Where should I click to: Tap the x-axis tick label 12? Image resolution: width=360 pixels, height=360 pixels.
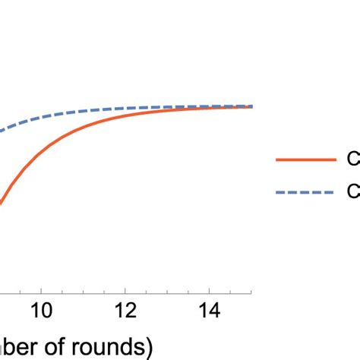tap(125, 311)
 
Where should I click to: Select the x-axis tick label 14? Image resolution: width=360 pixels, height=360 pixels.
tap(210, 311)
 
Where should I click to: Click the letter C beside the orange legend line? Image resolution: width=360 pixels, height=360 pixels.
tap(353, 160)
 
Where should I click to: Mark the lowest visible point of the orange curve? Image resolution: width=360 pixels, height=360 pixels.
tap(2, 203)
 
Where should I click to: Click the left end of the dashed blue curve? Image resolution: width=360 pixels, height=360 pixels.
tap(2, 131)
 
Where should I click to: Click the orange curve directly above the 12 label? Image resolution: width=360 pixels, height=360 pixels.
tap(125, 115)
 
